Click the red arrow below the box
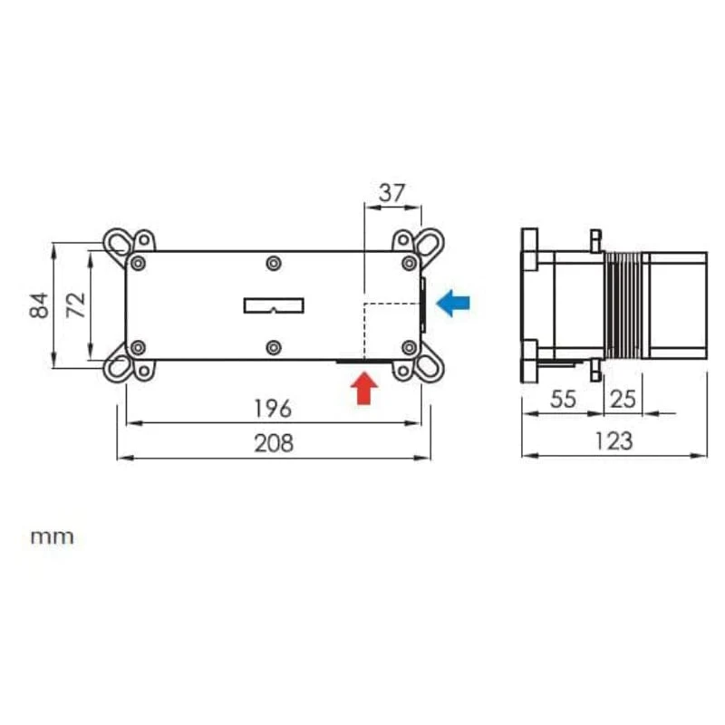coord(364,388)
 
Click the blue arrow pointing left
coord(453,303)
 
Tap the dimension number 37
coord(392,193)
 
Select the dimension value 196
coord(273,409)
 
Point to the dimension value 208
coord(274,443)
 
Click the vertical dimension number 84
coord(39,305)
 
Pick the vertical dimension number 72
coord(76,305)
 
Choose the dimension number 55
coord(563,399)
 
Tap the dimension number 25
coord(623,399)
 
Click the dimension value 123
coord(614,440)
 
